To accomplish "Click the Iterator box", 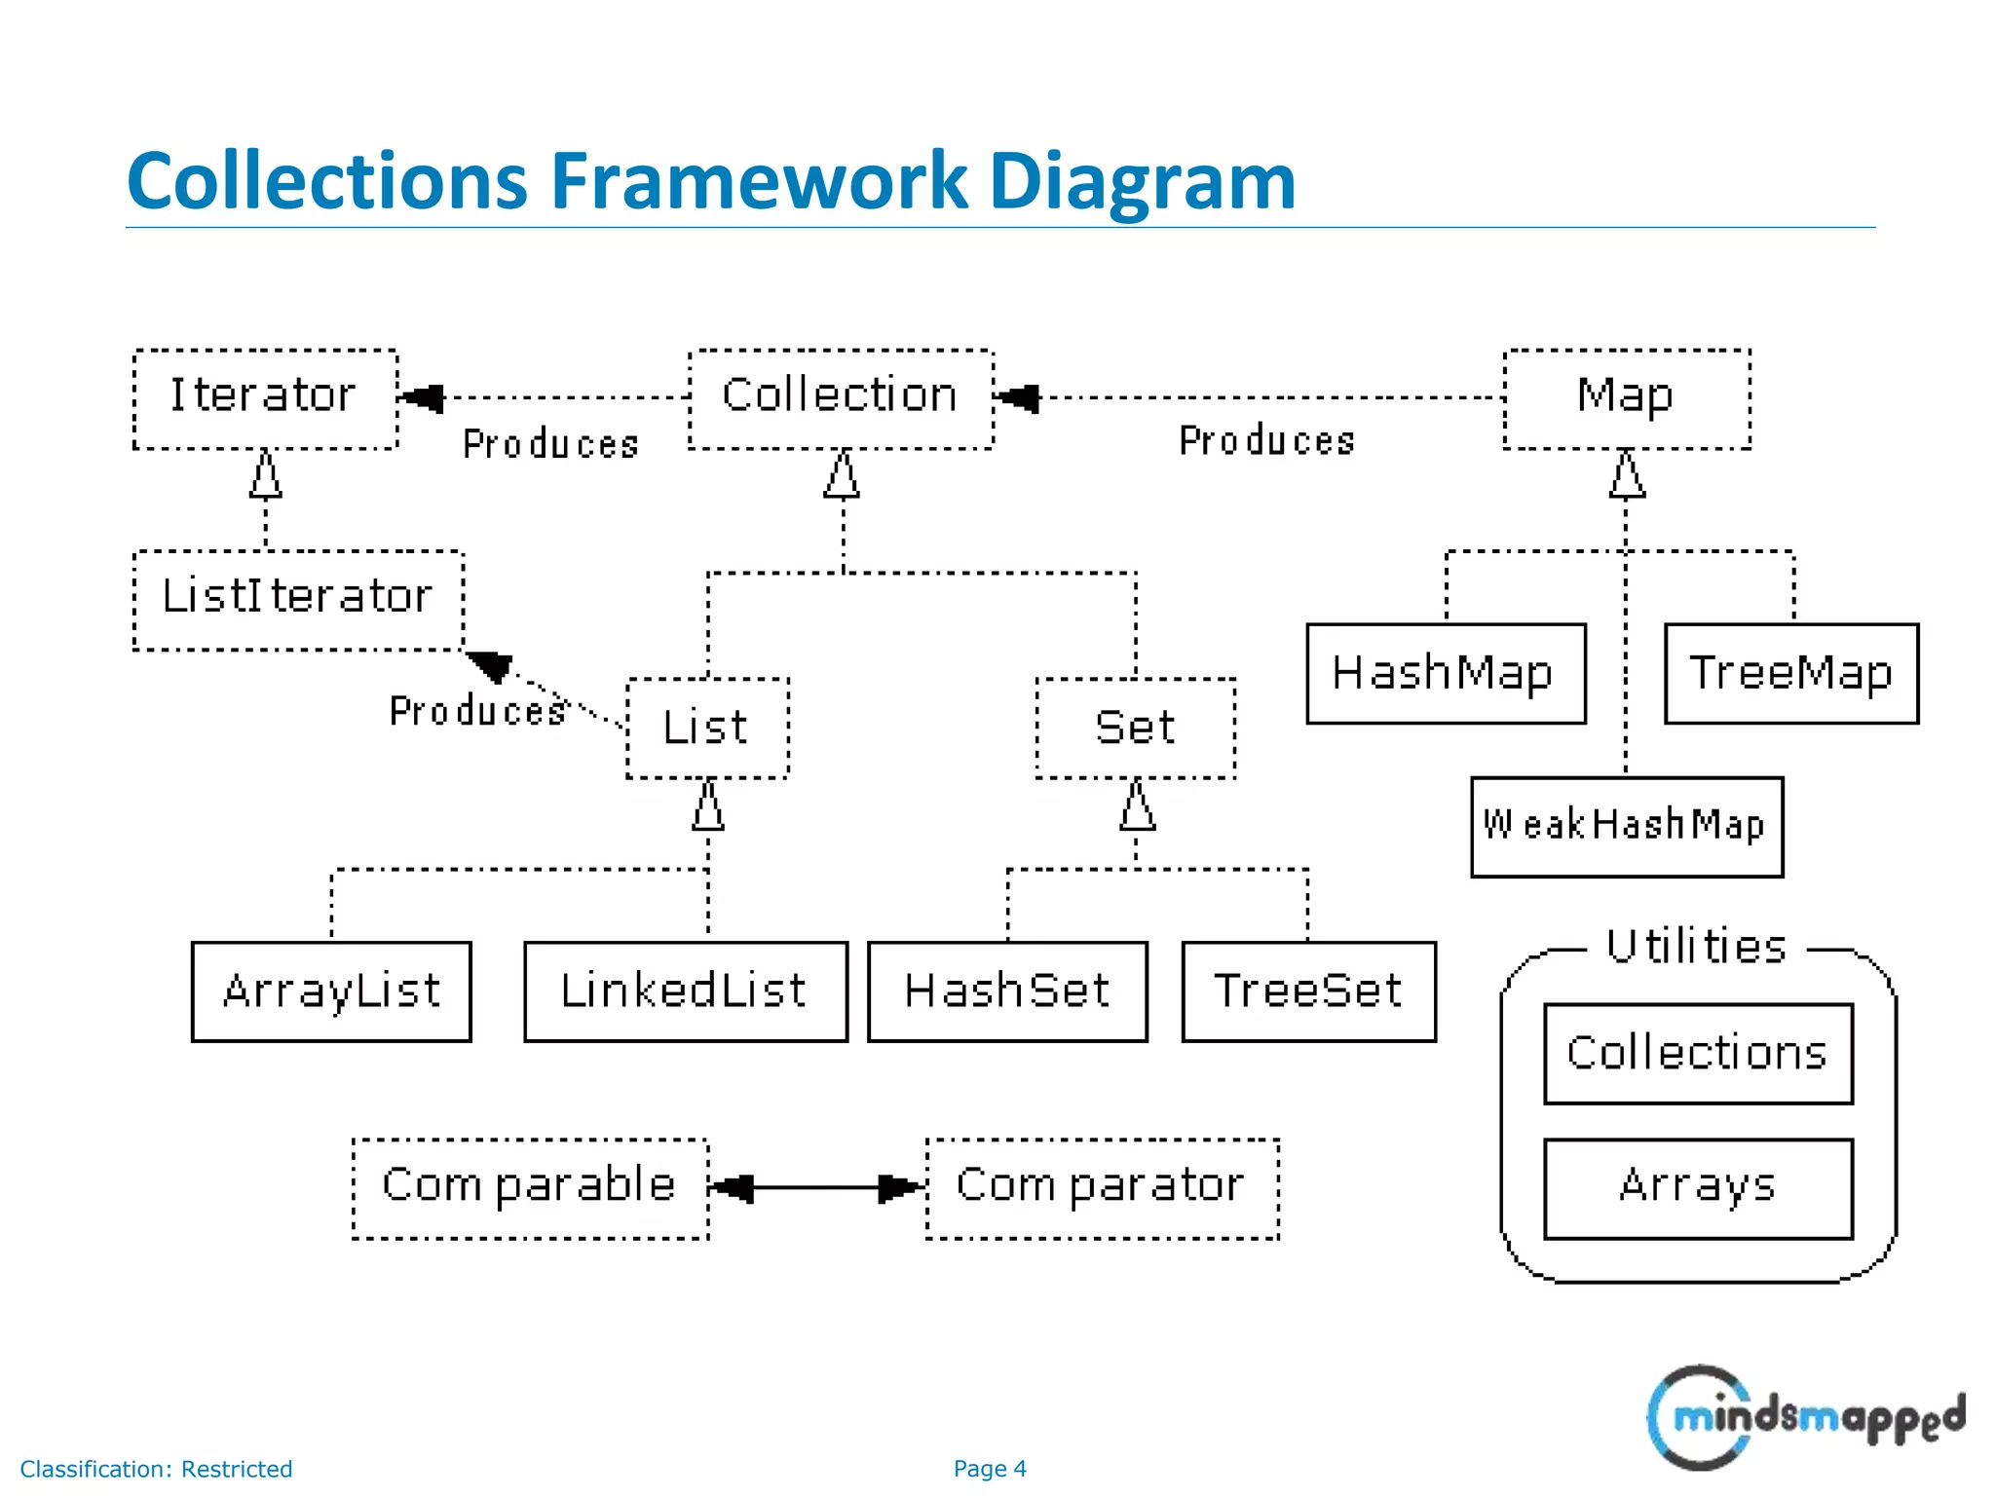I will coord(265,398).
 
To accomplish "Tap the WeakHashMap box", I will coord(1626,826).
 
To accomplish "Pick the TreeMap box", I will coord(1790,673).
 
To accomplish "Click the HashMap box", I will coord(1445,673).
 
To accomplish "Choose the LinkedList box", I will coord(685,991).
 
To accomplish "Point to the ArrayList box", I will coord(331,991).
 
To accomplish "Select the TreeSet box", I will coord(1307,991).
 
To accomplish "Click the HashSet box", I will coord(1006,991).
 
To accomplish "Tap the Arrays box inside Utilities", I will coord(1697,1187).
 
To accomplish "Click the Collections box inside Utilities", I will coord(1697,1053).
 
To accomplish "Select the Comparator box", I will coord(1101,1187).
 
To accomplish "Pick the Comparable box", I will coord(529,1187).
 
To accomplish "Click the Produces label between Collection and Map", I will coord(1266,441).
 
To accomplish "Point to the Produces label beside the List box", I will coord(477,711).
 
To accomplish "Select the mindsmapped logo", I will coord(1804,1417).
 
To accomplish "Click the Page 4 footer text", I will coord(990,1468).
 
